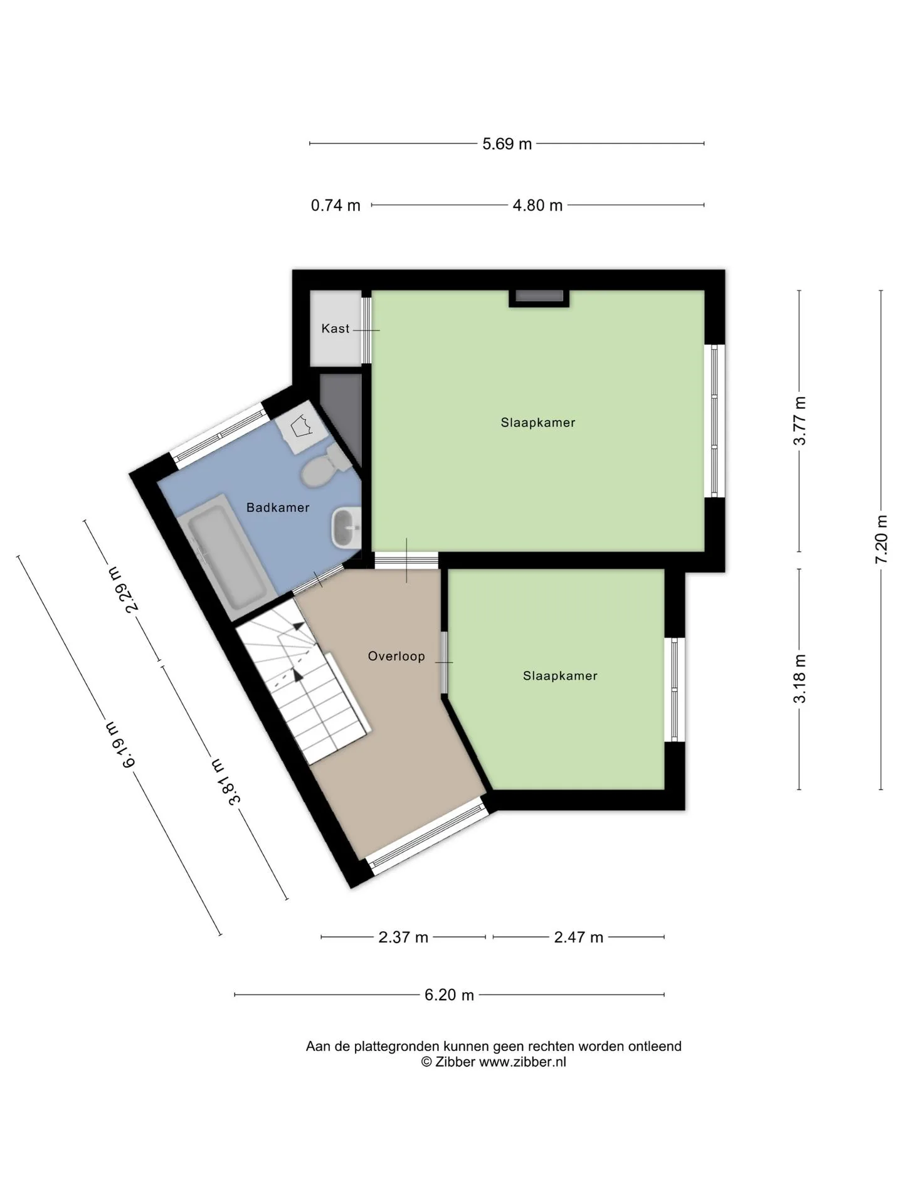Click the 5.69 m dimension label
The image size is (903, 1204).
tap(507, 144)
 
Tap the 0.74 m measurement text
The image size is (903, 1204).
tap(335, 205)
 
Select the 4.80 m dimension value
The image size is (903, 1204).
tap(537, 205)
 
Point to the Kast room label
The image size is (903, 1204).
tap(335, 329)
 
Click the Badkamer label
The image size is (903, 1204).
tap(278, 507)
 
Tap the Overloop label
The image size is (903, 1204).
tap(396, 656)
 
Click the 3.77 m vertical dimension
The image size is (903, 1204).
tap(800, 421)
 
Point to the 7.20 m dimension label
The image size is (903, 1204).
tap(881, 539)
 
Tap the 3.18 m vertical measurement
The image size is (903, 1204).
tap(800, 679)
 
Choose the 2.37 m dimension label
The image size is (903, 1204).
tap(403, 937)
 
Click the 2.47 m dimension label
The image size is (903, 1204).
tap(578, 937)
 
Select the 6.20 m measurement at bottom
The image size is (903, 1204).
tap(449, 995)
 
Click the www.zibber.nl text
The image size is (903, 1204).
tap(522, 1062)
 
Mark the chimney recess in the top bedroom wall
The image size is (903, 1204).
tap(539, 298)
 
